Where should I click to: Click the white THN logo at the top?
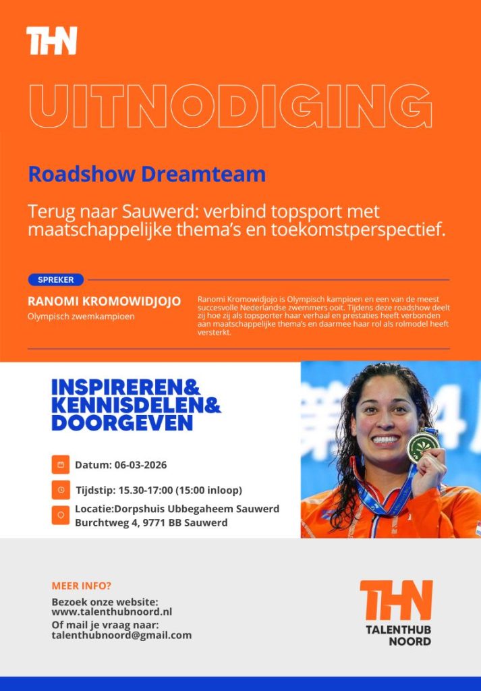click(52, 40)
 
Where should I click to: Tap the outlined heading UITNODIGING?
click(229, 107)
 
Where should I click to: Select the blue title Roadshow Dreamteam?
click(146, 174)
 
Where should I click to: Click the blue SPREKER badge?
click(55, 279)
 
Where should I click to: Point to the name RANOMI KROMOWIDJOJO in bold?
click(104, 301)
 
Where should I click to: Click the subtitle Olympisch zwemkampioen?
click(80, 316)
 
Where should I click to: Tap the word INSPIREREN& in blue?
click(126, 388)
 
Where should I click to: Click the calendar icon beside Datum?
click(61, 465)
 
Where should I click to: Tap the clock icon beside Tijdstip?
click(61, 490)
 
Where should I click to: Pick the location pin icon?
click(61, 516)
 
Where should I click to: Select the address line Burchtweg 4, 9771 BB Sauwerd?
click(151, 522)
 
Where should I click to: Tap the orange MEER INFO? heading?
click(82, 586)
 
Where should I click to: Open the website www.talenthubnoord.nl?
click(112, 611)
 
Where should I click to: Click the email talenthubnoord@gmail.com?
click(121, 635)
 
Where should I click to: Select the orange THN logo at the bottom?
click(396, 600)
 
